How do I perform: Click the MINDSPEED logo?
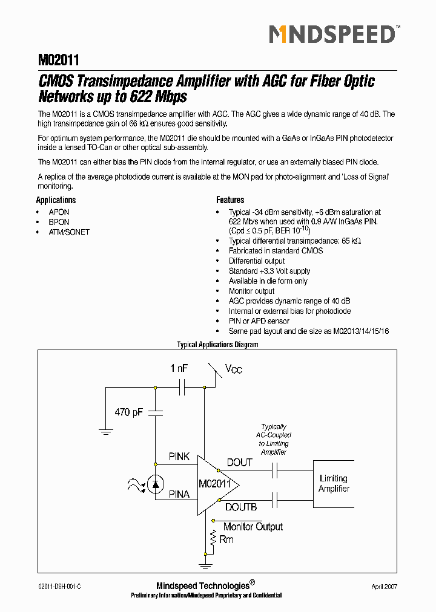point(332,34)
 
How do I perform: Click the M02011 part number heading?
point(59,60)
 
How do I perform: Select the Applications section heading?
point(56,200)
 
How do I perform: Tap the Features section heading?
point(230,200)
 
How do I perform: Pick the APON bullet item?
point(59,212)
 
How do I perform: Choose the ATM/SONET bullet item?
point(69,232)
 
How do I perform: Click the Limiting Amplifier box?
point(334,483)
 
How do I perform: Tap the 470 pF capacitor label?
point(128,412)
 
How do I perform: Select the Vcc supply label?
point(233,369)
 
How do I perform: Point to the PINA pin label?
point(179,494)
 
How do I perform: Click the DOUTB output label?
point(241,507)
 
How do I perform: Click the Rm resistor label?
point(226,539)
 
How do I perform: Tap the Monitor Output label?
point(253,527)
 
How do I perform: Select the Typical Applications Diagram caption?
point(217,345)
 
